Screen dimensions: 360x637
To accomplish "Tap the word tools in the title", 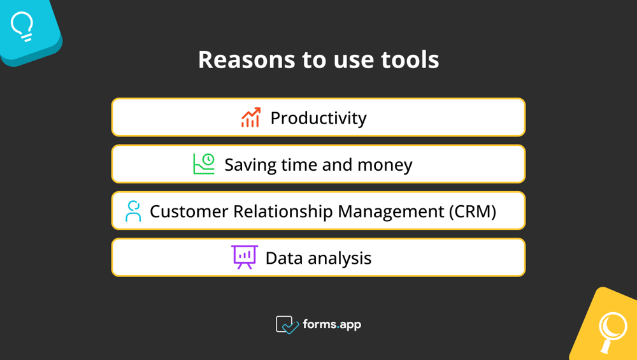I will click(410, 60).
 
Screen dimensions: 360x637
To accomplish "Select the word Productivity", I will click(318, 119).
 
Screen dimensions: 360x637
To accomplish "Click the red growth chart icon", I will click(251, 117).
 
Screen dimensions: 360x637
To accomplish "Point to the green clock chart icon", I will click(204, 164).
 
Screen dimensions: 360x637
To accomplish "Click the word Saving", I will click(250, 165).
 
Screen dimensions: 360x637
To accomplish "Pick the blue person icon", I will click(133, 211).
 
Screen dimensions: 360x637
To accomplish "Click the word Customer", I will click(189, 212).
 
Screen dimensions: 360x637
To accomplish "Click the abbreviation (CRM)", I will click(472, 212).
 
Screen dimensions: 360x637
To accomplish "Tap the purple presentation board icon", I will click(244, 257).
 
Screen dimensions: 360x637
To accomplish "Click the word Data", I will click(283, 258).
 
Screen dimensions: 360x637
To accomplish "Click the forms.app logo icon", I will click(287, 325).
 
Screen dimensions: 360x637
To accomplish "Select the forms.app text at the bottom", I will click(332, 324).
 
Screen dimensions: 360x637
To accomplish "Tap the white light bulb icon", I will click(22, 27).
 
